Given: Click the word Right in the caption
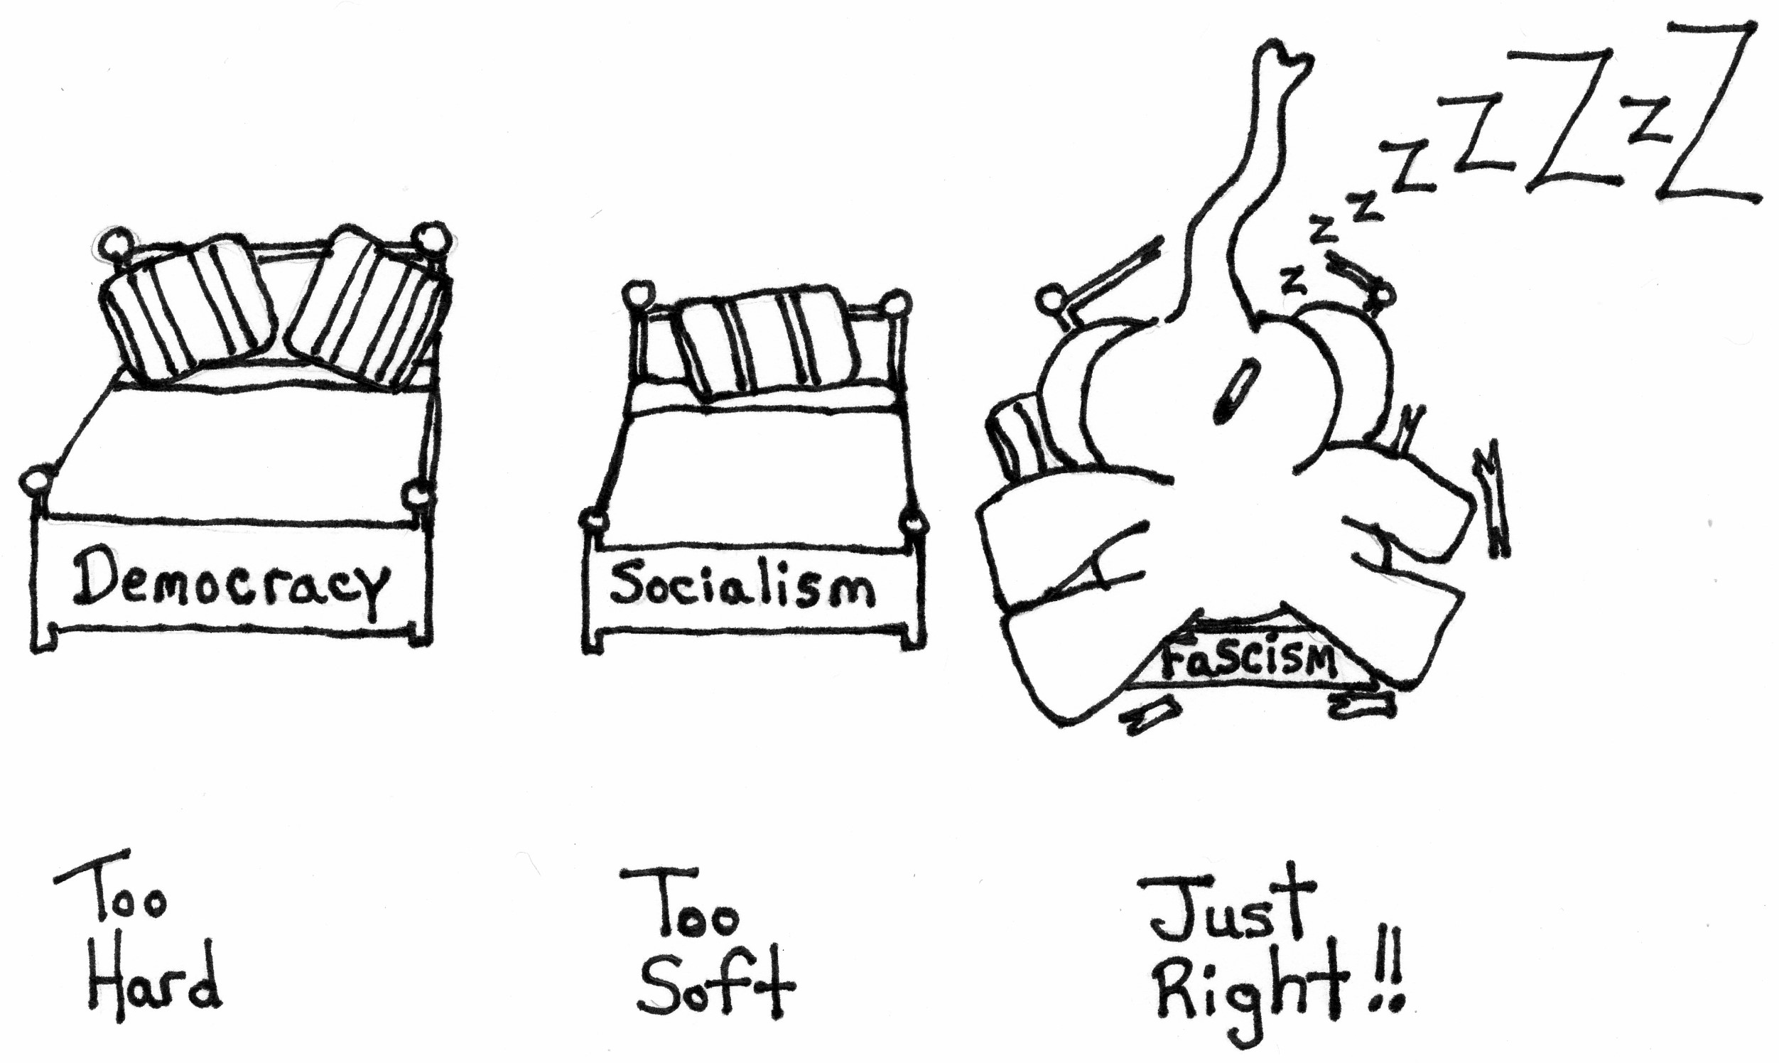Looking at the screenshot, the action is pos(1250,993).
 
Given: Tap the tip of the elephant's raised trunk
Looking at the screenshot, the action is pos(1286,56).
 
